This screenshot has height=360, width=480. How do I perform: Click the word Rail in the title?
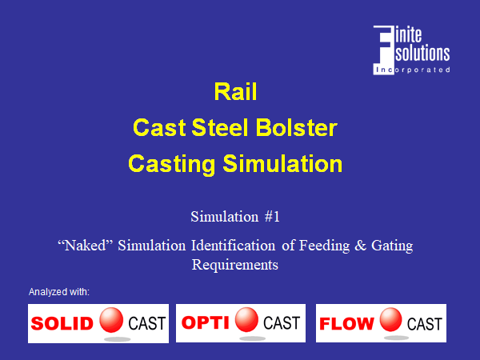click(x=235, y=91)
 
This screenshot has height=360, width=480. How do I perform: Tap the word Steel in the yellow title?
click(x=219, y=127)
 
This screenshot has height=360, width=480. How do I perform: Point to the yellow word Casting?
click(x=171, y=164)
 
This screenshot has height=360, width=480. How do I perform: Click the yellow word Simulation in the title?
click(x=282, y=163)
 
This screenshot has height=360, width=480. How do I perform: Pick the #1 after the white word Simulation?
click(x=272, y=217)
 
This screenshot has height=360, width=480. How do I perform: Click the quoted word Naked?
click(x=86, y=246)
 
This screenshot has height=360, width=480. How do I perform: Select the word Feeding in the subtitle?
click(x=324, y=246)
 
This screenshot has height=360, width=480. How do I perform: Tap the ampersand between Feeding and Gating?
click(x=360, y=246)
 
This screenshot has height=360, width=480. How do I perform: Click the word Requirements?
click(x=234, y=265)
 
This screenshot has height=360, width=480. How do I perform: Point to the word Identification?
click(x=234, y=246)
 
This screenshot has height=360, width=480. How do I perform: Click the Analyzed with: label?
click(x=59, y=292)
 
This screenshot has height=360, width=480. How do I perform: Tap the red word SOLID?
click(x=62, y=323)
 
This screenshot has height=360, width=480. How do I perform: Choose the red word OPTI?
click(x=205, y=322)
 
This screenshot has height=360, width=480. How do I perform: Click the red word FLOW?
click(x=346, y=324)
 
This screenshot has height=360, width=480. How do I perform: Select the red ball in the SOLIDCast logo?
click(x=111, y=320)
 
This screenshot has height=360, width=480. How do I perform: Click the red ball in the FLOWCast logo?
click(x=391, y=320)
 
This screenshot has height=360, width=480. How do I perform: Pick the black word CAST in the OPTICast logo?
click(x=282, y=323)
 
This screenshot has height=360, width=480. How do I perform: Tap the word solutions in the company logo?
click(x=422, y=54)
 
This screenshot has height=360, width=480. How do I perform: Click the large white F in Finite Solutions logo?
click(x=383, y=50)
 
